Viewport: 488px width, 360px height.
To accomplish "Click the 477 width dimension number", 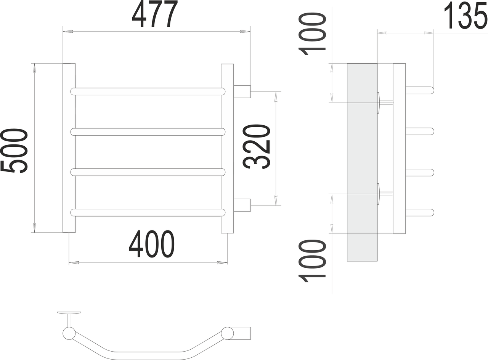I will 155,14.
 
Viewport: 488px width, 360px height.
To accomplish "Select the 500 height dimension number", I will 14,151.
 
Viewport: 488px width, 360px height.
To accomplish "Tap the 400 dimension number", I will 152,244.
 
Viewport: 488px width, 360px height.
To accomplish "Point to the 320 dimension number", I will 257,147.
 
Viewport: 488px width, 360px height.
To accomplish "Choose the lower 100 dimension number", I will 313,261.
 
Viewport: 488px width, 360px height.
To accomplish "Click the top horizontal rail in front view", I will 148,91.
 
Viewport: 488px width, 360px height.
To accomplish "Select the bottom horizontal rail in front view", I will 148,212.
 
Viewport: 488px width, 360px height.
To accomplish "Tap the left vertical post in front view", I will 69,148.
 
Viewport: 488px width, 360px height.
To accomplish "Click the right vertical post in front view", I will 227,148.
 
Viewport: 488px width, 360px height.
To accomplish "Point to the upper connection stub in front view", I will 242,91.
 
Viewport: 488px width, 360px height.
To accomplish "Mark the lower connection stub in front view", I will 242,205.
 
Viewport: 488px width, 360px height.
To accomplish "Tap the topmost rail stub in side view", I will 419,90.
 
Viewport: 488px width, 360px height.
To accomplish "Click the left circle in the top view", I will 69,333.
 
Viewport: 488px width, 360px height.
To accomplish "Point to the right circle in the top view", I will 228,333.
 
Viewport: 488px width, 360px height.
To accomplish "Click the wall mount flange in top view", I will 69,313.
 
